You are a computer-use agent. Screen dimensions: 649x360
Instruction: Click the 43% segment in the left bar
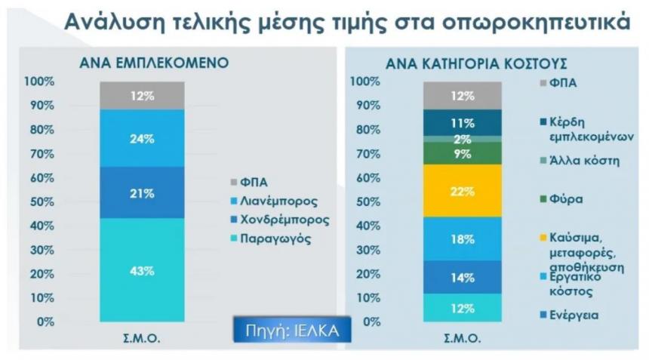click(142, 269)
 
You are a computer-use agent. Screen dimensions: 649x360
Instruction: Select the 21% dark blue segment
click(142, 192)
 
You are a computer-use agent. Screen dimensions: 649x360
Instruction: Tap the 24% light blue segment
click(142, 138)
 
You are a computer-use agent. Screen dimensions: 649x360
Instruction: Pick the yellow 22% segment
click(463, 191)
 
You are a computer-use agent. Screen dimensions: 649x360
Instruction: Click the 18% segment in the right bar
click(463, 238)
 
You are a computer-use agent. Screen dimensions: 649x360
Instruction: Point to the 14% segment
click(463, 277)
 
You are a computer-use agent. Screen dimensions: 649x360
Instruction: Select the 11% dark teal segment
click(463, 122)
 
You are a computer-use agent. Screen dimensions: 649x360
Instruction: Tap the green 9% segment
click(463, 153)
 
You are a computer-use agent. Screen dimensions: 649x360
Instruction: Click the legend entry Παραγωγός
click(271, 238)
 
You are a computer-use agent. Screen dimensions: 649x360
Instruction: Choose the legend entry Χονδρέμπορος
click(280, 220)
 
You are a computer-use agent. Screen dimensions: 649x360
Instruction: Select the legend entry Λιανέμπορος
click(275, 201)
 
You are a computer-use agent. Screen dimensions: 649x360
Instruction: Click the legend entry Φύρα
click(561, 199)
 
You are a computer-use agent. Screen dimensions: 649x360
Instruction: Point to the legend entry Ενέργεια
click(570, 315)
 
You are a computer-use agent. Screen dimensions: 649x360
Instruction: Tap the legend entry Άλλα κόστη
click(580, 161)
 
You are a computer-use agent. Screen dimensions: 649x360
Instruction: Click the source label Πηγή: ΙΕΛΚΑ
click(292, 331)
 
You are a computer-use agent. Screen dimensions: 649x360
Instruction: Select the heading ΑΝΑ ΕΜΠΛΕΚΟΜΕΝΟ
click(154, 63)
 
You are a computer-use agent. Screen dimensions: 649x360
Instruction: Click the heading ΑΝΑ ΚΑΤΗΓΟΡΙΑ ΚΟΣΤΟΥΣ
click(476, 63)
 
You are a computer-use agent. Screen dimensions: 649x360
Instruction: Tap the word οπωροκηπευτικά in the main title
click(536, 23)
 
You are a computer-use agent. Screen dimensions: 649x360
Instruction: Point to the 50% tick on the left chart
click(42, 202)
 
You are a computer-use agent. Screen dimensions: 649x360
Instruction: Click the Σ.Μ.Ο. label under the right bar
click(463, 338)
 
